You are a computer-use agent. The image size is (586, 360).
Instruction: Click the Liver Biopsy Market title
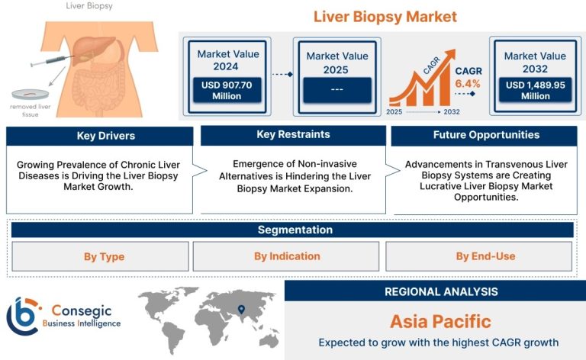[x=385, y=17]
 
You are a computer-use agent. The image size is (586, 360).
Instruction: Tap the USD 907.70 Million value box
[x=227, y=90]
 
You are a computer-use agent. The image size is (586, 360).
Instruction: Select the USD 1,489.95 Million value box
[x=535, y=90]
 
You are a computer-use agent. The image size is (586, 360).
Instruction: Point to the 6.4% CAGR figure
[x=467, y=84]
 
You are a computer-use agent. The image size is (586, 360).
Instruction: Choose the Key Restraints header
[x=293, y=135]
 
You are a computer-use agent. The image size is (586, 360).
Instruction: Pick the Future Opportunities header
[x=485, y=135]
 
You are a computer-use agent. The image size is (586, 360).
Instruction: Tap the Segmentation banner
[x=292, y=230]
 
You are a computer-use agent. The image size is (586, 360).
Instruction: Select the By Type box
[x=100, y=256]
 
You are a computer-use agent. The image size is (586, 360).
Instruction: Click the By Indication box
[x=286, y=256]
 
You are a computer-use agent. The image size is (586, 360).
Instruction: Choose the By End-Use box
[x=478, y=256]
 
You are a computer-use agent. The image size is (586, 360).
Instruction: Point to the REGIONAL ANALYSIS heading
[x=441, y=291]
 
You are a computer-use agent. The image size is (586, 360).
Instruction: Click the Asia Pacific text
[x=440, y=322]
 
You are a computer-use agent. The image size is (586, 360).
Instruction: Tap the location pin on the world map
[x=241, y=309]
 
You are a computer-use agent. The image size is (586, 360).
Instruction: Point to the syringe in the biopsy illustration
[x=53, y=61]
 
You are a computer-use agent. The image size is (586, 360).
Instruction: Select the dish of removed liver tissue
[x=31, y=94]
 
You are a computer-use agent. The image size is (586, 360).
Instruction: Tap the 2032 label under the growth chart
[x=452, y=111]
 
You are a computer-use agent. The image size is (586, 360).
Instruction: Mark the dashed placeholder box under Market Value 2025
[x=337, y=90]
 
